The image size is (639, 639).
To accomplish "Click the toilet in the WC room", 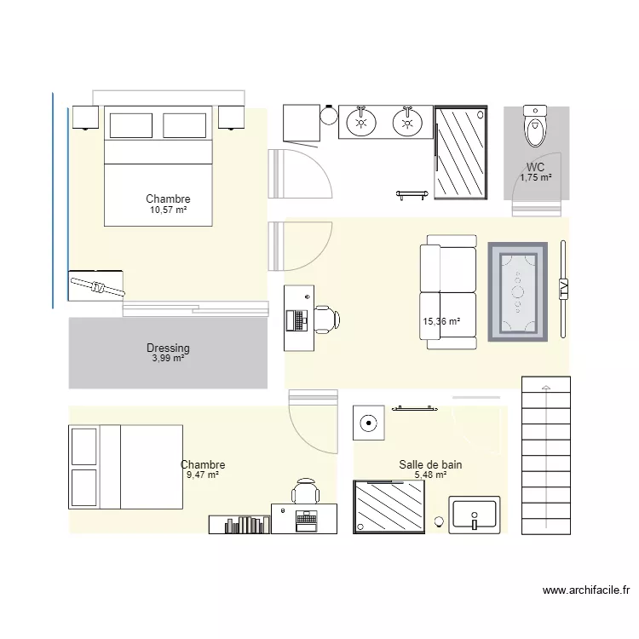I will [x=535, y=128].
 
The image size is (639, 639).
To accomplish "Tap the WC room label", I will [x=535, y=167].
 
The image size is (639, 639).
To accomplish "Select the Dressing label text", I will [x=168, y=348].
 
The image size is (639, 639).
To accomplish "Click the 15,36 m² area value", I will [x=441, y=322].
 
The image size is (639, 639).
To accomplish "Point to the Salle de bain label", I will [x=430, y=464].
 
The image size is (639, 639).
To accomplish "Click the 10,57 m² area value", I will [x=168, y=210].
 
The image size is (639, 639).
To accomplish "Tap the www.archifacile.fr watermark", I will [x=586, y=590].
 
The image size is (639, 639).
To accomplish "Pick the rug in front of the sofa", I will [x=517, y=292].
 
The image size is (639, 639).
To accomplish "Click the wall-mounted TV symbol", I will [x=563, y=289].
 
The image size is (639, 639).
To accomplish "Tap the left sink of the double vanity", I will [x=362, y=122].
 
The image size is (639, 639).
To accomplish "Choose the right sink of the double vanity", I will [x=408, y=122].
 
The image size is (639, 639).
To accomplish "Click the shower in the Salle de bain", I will [x=389, y=507].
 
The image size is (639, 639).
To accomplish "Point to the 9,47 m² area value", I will [x=203, y=475].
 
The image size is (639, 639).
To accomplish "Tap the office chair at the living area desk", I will [x=327, y=319].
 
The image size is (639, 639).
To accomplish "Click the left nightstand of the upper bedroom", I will [x=85, y=117].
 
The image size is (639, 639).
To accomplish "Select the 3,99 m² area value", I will [x=168, y=359].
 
